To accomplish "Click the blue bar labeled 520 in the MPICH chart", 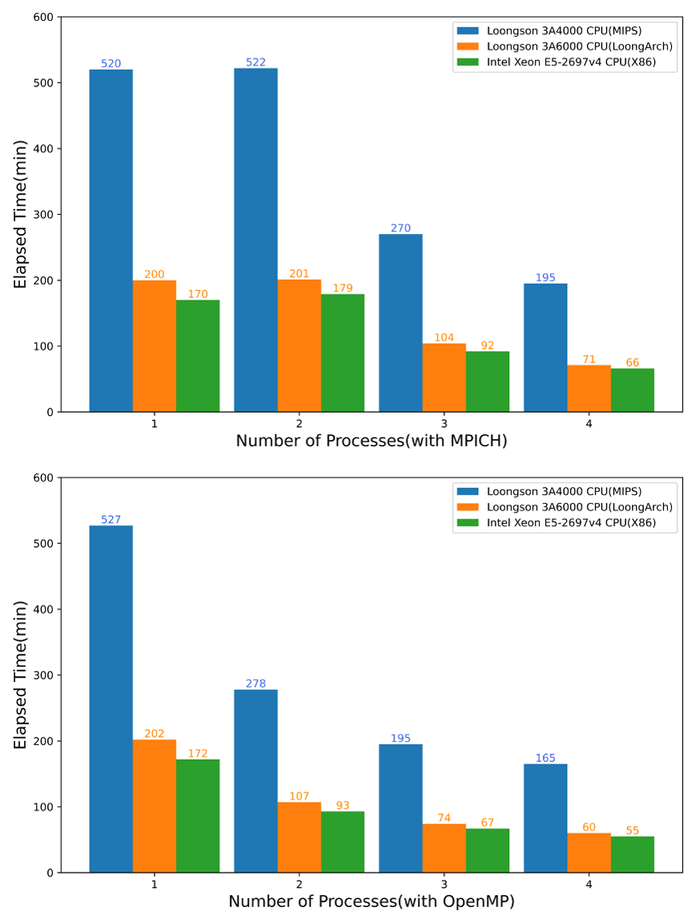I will point(111,240).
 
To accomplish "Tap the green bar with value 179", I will point(342,353).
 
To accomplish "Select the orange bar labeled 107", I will point(299,837).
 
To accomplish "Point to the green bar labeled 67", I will point(487,850).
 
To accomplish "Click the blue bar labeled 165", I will point(545,818).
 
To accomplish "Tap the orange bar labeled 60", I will point(589,852).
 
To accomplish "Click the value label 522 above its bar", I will point(256,62).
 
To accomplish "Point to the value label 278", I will point(256,683).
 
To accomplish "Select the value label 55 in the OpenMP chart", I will point(632,830).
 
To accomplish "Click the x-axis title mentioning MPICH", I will point(371,441).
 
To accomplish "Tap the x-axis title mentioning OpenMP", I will point(371,901).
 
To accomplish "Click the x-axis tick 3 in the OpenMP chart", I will point(443,884).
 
